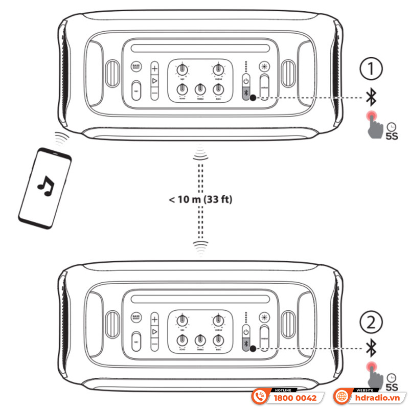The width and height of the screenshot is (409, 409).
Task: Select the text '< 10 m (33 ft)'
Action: (200, 199)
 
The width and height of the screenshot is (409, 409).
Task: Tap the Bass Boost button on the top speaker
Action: (136, 67)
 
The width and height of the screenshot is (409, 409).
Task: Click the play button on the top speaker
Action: (155, 81)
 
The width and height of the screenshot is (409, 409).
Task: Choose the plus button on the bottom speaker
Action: (155, 320)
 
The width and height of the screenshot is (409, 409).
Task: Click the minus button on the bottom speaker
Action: (155, 346)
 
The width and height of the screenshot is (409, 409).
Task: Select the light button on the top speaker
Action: (264, 67)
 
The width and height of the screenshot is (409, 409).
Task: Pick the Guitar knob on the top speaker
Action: (218, 69)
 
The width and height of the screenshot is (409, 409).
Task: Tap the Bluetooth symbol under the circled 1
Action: (371, 95)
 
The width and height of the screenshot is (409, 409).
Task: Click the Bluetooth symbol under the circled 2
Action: (371, 348)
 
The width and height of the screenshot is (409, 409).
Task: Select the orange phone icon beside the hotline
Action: (260, 396)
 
